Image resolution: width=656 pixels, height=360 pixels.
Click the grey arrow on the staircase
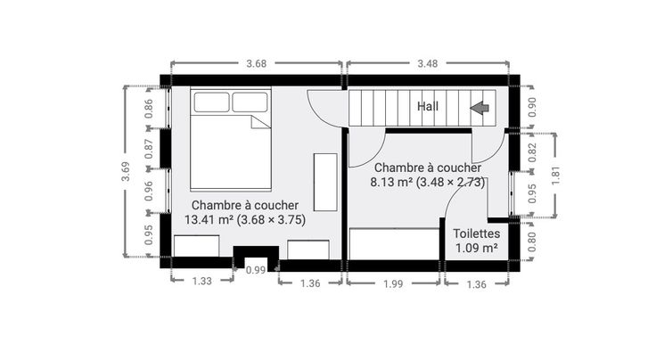click(480, 108)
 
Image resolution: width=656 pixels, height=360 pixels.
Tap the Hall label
click(428, 106)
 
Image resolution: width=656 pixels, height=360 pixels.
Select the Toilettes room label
click(477, 233)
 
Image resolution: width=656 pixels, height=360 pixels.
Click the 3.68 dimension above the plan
click(256, 63)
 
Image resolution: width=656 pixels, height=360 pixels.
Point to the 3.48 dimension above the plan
click(428, 63)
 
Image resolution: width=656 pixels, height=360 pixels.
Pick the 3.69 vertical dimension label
click(126, 171)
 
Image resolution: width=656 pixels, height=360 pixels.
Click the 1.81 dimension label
click(555, 176)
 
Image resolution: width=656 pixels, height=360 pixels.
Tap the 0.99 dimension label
click(256, 270)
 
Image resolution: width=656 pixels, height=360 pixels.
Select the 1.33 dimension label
click(202, 281)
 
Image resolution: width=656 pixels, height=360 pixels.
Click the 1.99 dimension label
click(393, 284)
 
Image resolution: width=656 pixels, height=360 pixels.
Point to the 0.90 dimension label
click(532, 107)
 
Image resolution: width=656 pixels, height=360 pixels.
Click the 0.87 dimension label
click(149, 149)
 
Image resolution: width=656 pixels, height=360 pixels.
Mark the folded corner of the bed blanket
click(260, 122)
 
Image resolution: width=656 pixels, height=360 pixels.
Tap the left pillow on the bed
click(212, 102)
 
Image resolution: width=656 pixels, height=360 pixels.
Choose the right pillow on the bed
click(250, 102)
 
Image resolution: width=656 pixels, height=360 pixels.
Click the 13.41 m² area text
click(209, 219)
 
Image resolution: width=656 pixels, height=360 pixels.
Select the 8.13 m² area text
click(391, 183)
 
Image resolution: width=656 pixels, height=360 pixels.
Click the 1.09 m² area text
click(477, 248)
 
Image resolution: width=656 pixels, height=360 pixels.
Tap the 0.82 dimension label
click(532, 152)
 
